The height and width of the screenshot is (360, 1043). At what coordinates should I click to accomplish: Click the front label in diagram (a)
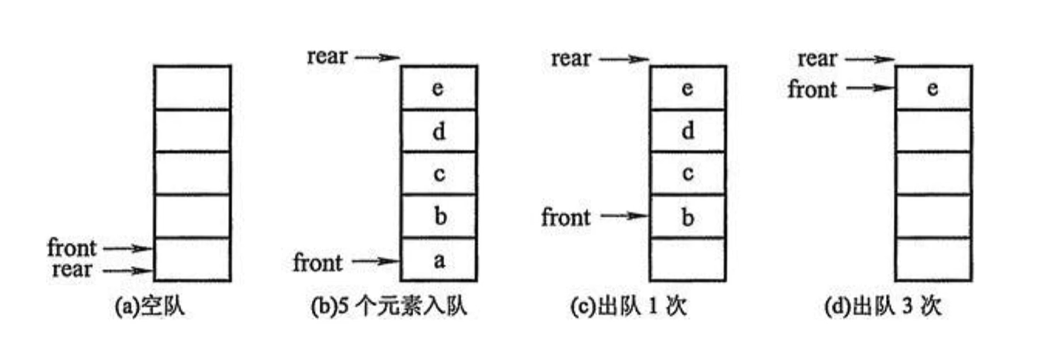point(72,247)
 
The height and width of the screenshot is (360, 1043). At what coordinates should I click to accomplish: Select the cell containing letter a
point(439,260)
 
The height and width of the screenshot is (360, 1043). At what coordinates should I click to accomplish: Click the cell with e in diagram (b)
point(439,87)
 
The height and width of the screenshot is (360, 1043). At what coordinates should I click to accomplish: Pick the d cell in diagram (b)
point(439,131)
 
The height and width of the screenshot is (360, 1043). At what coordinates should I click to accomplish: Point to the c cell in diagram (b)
point(439,174)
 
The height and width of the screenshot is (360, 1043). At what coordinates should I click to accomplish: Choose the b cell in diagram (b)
point(439,217)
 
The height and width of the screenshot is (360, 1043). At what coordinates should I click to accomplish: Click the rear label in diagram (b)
point(327,56)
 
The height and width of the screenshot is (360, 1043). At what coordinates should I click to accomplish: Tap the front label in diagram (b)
point(319,261)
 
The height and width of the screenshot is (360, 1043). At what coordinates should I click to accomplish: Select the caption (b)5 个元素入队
point(389,307)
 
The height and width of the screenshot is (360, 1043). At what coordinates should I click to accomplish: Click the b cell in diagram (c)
point(687,217)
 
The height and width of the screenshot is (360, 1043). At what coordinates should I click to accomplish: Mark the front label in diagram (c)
point(567,217)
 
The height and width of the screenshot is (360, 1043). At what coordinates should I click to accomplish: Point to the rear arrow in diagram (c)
point(624,59)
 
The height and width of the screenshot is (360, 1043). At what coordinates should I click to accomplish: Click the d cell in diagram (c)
point(687,131)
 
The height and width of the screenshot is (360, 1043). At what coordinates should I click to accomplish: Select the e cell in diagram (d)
point(933,88)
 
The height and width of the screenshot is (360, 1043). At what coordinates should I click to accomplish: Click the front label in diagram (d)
point(813,89)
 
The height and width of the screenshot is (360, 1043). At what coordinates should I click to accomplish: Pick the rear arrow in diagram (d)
point(870,59)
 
